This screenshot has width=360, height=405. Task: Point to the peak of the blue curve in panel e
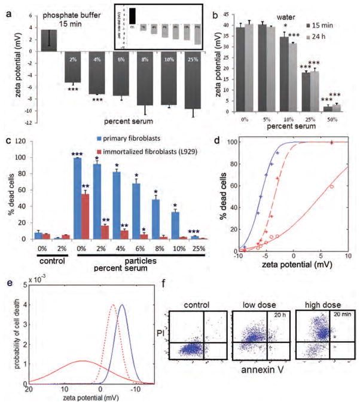coord(122,305)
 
